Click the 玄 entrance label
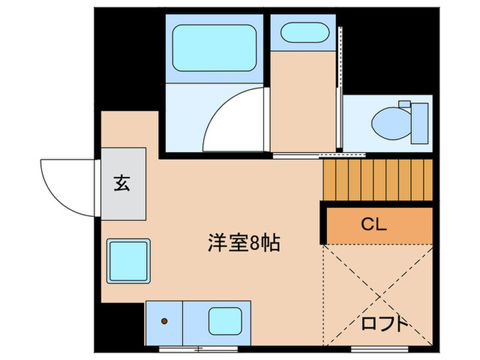(x=123, y=183)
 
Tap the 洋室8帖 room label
(x=243, y=242)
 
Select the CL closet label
(x=374, y=224)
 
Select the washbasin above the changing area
(x=304, y=33)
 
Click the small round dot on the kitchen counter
(x=165, y=320)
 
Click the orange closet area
(x=379, y=224)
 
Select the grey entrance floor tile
(x=124, y=184)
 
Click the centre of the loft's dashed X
(x=378, y=296)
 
